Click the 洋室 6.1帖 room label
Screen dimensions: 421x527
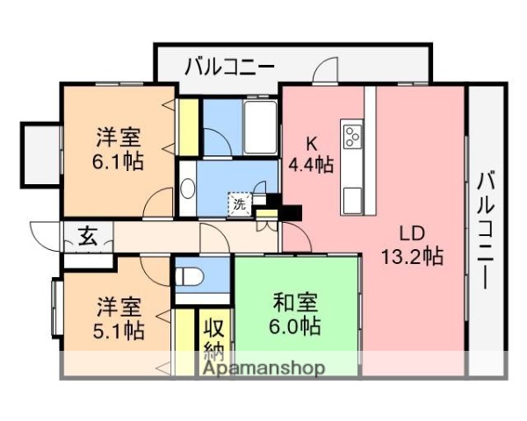[120, 149]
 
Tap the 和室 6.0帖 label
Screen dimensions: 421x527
[295, 314]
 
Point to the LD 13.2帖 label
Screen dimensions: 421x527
[411, 246]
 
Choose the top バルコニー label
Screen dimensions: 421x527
[229, 66]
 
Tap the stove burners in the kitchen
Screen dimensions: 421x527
[353, 136]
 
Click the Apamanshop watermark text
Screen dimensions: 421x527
[263, 367]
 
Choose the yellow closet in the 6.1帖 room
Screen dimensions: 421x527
[187, 128]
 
